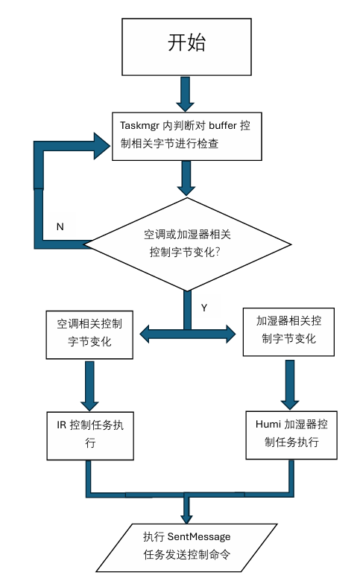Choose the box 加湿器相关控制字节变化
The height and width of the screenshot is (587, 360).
(x=288, y=330)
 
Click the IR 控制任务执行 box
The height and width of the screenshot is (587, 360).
(x=89, y=434)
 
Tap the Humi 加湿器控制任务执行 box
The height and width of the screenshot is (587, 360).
(x=288, y=433)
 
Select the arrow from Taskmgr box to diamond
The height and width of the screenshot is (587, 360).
(x=186, y=178)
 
